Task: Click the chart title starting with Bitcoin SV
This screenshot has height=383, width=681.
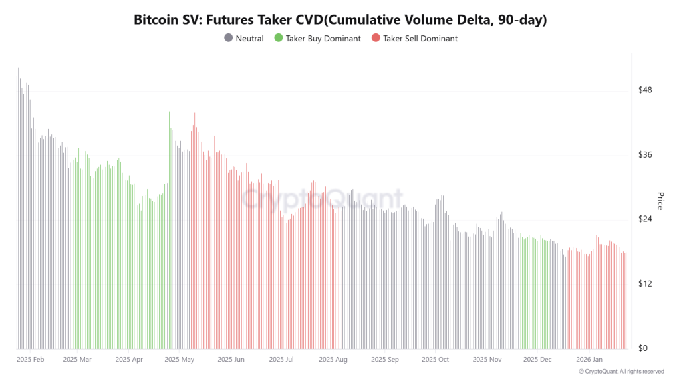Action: pyautogui.click(x=340, y=20)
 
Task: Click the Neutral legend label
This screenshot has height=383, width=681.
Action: pyautogui.click(x=249, y=39)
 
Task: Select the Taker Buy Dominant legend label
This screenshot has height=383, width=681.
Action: pyautogui.click(x=323, y=39)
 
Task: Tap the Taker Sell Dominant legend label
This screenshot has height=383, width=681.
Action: pyautogui.click(x=420, y=39)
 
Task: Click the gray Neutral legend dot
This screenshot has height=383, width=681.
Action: pyautogui.click(x=229, y=39)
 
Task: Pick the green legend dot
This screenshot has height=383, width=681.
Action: pyautogui.click(x=279, y=39)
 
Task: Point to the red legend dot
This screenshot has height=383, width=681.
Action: pyautogui.click(x=376, y=39)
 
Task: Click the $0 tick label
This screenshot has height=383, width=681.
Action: pyautogui.click(x=644, y=348)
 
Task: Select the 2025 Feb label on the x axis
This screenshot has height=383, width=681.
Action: pyautogui.click(x=30, y=360)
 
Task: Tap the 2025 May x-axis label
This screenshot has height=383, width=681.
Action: pyautogui.click(x=179, y=360)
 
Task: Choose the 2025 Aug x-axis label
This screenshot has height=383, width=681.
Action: pyautogui.click(x=333, y=360)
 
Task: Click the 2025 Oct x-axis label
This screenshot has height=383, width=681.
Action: pyautogui.click(x=435, y=360)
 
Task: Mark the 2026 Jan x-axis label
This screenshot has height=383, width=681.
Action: pyautogui.click(x=589, y=360)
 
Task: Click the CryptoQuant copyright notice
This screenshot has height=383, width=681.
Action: pyautogui.click(x=621, y=372)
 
